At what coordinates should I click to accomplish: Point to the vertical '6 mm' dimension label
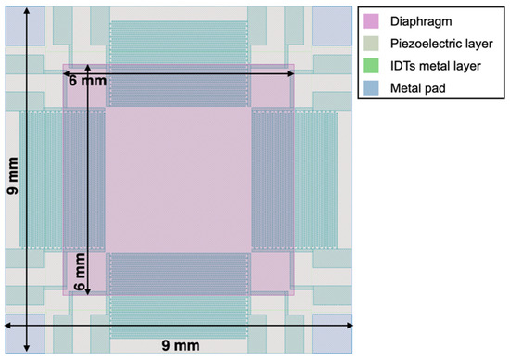point(79,273)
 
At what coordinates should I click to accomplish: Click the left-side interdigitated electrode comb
point(61,179)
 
